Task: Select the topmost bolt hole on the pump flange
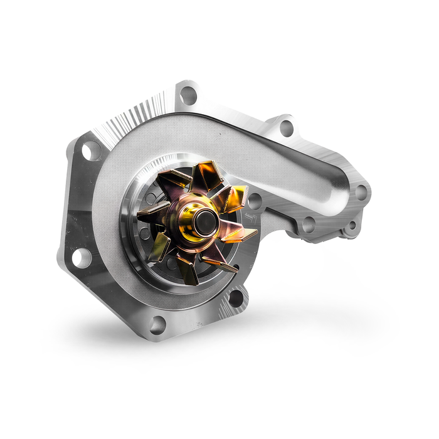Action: [x=188, y=96]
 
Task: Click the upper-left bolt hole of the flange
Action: [x=92, y=151]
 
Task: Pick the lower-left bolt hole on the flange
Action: [x=81, y=257]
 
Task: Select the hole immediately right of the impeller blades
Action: [x=255, y=201]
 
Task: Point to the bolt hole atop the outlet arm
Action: [x=287, y=128]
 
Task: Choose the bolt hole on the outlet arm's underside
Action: [x=308, y=223]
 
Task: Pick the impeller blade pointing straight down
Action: [x=188, y=266]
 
